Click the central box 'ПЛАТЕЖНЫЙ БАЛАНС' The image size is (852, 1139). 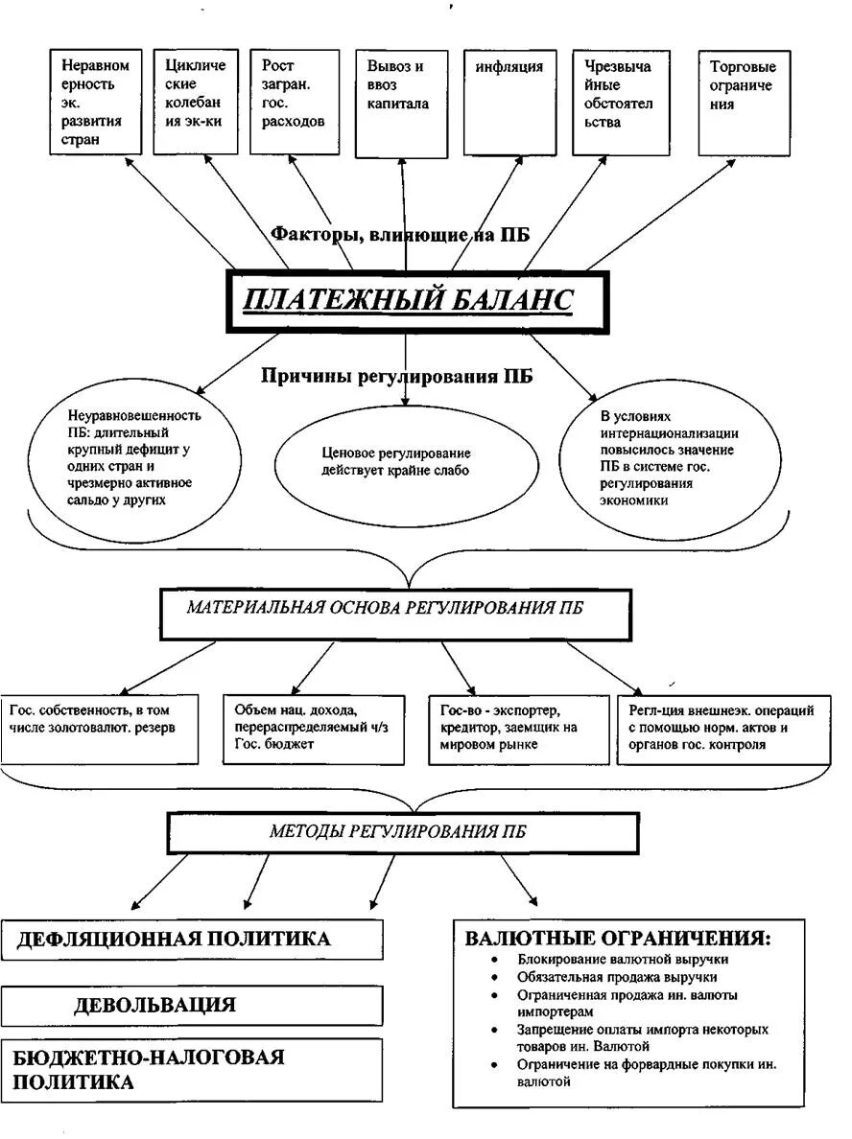point(417,301)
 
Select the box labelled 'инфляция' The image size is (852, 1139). point(509,103)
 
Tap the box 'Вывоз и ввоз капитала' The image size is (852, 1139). point(401,104)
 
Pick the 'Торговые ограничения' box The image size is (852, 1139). point(744,103)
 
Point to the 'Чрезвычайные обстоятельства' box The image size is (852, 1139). point(621,103)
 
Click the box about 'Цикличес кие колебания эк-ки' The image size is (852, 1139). point(196,102)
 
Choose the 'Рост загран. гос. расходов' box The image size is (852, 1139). point(295,102)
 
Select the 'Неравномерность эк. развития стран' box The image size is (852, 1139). point(95,102)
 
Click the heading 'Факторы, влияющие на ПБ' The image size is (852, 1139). point(400,235)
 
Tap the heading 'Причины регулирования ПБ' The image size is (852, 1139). point(396,376)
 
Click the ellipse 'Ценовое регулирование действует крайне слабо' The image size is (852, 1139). point(407,462)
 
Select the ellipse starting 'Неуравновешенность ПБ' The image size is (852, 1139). point(136,457)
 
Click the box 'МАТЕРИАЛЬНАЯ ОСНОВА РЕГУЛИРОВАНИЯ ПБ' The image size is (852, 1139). point(395,615)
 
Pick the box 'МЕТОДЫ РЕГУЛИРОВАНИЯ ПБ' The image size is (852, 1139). point(403,833)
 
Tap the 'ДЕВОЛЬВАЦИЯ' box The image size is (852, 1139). point(191,1006)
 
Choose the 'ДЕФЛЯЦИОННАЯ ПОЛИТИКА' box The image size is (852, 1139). point(191,940)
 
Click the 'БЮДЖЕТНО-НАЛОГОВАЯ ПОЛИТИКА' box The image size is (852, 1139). point(191,1070)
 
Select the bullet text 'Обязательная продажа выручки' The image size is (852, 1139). point(617,977)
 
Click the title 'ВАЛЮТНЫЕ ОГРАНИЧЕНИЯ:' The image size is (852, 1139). point(618,938)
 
